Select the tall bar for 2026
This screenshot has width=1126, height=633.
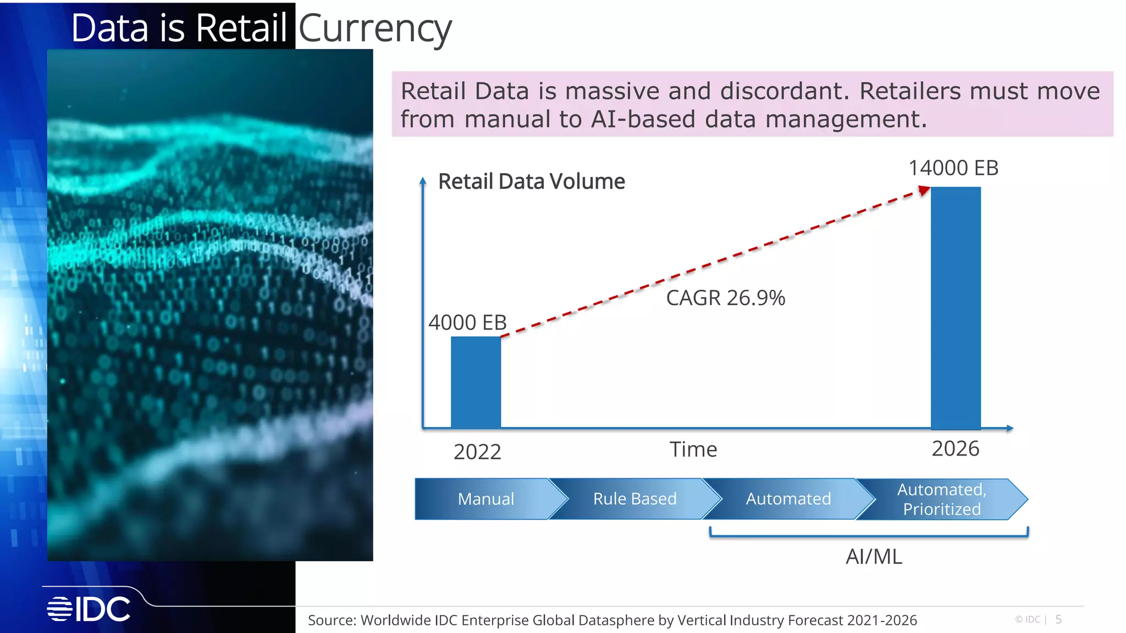click(x=955, y=308)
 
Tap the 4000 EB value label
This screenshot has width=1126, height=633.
click(x=467, y=323)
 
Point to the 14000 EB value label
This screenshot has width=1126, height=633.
click(x=953, y=168)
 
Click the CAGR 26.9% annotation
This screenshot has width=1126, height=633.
click(x=725, y=298)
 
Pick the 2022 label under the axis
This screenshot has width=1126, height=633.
click(x=477, y=452)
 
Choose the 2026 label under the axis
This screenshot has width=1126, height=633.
click(x=955, y=449)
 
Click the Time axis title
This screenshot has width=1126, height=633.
click(x=693, y=449)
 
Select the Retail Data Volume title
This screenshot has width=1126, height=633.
click(x=531, y=181)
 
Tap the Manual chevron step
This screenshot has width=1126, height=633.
click(x=486, y=499)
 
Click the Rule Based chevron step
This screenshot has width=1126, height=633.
click(x=634, y=499)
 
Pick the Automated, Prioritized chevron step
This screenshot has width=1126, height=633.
click(x=941, y=499)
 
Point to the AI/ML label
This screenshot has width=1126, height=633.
click(x=874, y=557)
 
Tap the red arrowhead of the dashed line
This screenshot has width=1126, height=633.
click(x=924, y=191)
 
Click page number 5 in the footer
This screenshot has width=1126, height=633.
click(x=1058, y=619)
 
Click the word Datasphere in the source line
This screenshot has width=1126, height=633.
click(x=616, y=620)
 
